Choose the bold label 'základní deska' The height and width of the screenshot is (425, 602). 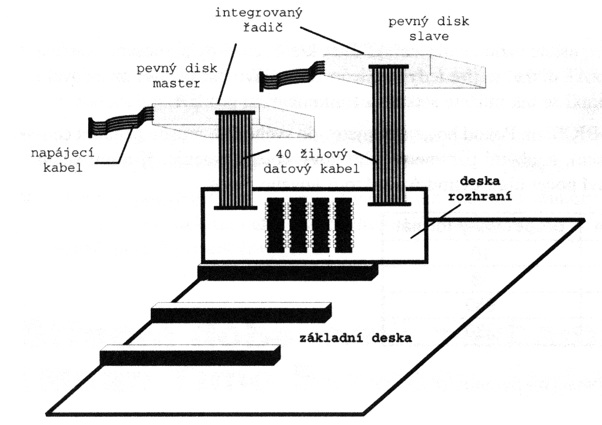point(351,338)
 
